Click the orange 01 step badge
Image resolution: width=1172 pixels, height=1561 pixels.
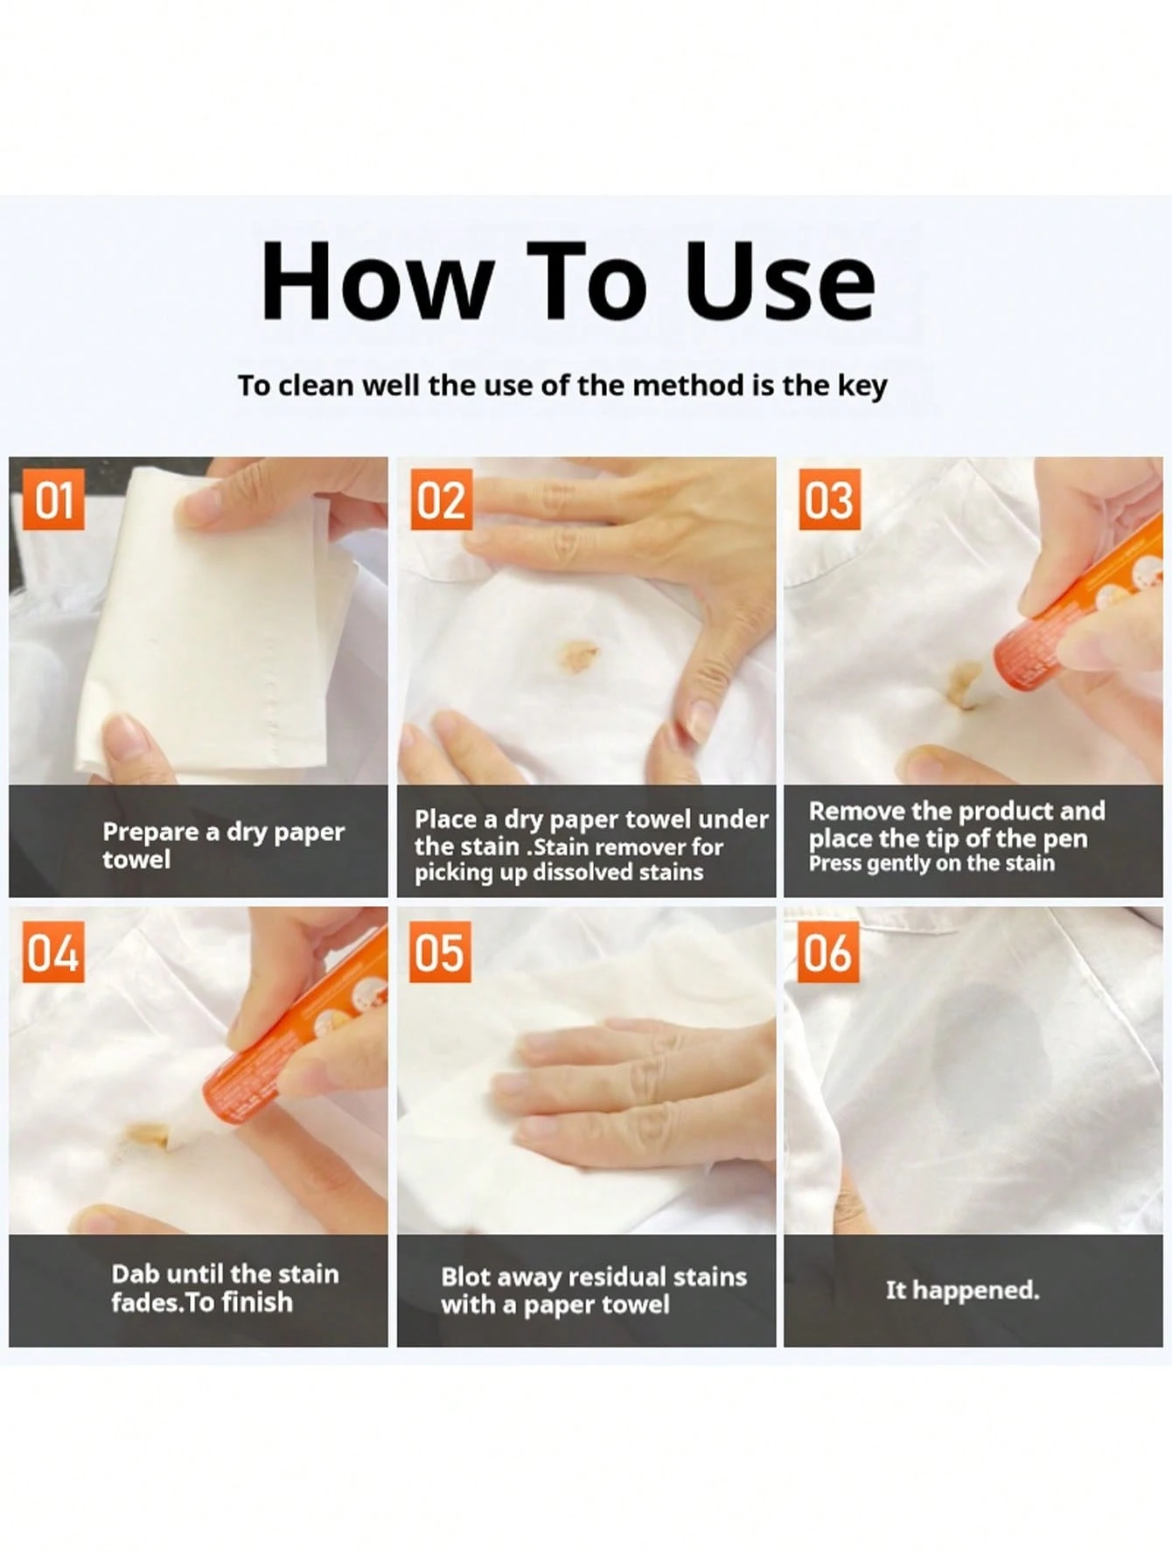point(53,499)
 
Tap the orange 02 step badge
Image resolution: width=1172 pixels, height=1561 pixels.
point(441,499)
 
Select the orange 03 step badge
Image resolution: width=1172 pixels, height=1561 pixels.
point(829,499)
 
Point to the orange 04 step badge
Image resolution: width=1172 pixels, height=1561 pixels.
point(53,952)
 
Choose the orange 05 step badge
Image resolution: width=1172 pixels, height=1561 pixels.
point(441,952)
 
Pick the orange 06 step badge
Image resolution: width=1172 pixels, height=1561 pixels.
point(827,952)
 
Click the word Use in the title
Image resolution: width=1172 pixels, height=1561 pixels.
point(778,282)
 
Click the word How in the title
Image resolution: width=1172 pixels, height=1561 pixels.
point(376,282)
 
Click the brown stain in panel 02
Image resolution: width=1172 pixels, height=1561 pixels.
point(577,655)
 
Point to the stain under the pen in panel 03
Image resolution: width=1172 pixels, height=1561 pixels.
point(962,682)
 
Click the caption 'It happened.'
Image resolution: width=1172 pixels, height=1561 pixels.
point(962,1290)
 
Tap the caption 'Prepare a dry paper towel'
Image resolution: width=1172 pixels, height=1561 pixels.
point(223,845)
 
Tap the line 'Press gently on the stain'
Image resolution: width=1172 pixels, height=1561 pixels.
point(931,864)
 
